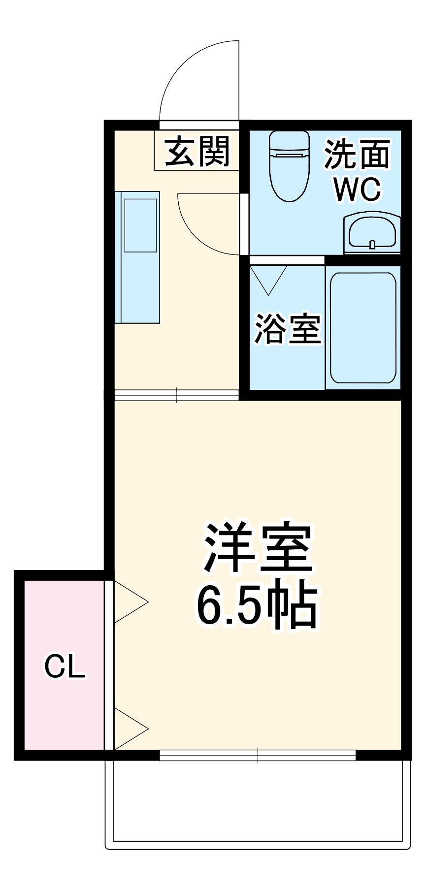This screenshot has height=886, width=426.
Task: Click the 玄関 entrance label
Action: click(x=197, y=151)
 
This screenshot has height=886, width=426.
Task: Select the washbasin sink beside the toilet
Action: click(x=372, y=232)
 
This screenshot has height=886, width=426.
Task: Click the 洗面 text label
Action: click(x=357, y=155)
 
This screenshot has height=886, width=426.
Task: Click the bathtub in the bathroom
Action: click(x=363, y=327)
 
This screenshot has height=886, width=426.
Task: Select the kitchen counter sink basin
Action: click(x=141, y=225)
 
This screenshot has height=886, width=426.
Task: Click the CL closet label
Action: click(x=65, y=667)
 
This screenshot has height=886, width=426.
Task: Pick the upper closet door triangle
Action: click(x=129, y=601)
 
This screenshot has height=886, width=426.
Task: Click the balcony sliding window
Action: click(x=258, y=755)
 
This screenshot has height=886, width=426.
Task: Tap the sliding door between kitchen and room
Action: click(x=176, y=395)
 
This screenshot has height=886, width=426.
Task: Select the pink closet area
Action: click(x=64, y=699)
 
